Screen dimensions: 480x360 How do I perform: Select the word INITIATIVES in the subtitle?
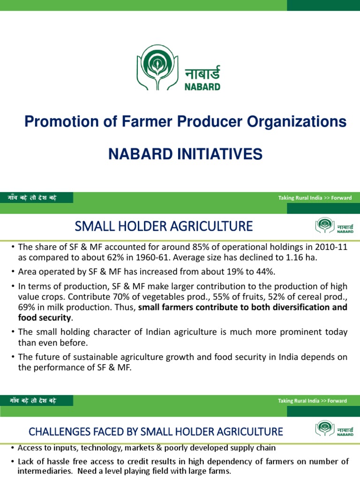tap(214, 154)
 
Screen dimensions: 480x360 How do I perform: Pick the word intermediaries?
tap(40, 471)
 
